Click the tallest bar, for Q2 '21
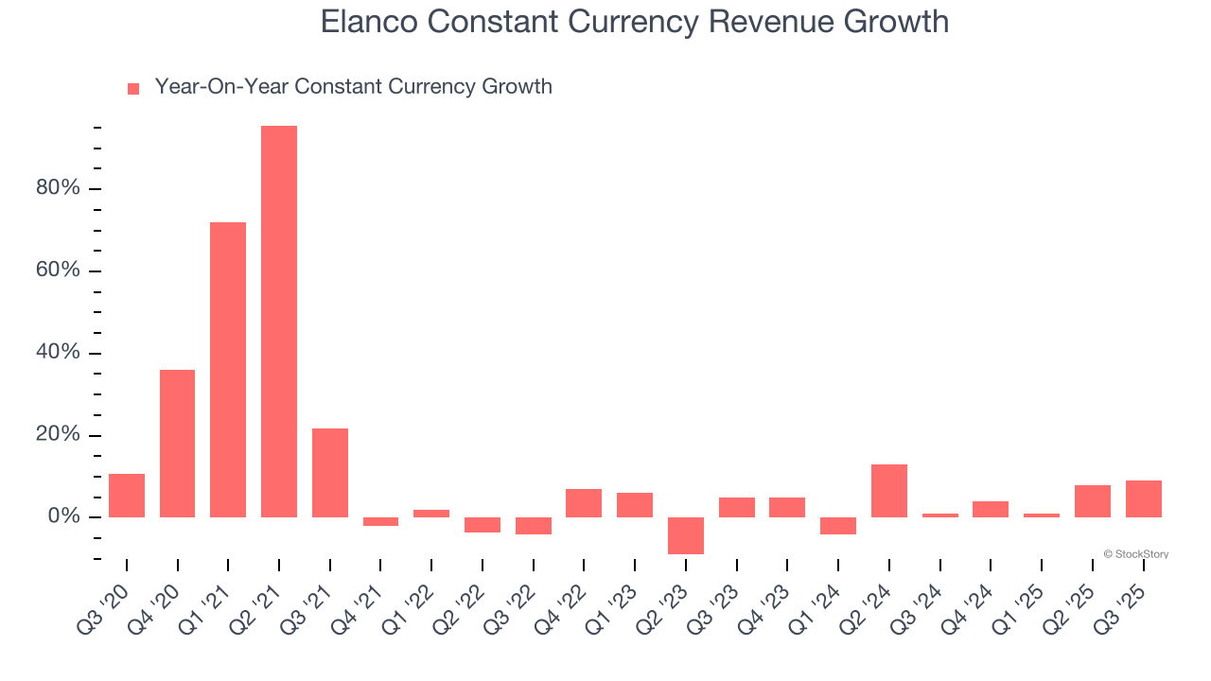click(279, 322)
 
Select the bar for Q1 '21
click(228, 370)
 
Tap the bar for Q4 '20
click(177, 444)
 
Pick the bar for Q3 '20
click(127, 496)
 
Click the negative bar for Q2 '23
click(686, 535)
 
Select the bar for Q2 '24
click(889, 491)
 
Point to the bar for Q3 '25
click(1143, 498)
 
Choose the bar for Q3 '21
click(330, 473)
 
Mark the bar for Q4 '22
click(584, 503)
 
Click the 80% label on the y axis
click(58, 188)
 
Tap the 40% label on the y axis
click(58, 353)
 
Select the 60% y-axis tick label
click(58, 271)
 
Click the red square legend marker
click(133, 89)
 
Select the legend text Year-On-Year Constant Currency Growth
click(353, 87)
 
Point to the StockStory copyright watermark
click(1135, 554)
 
